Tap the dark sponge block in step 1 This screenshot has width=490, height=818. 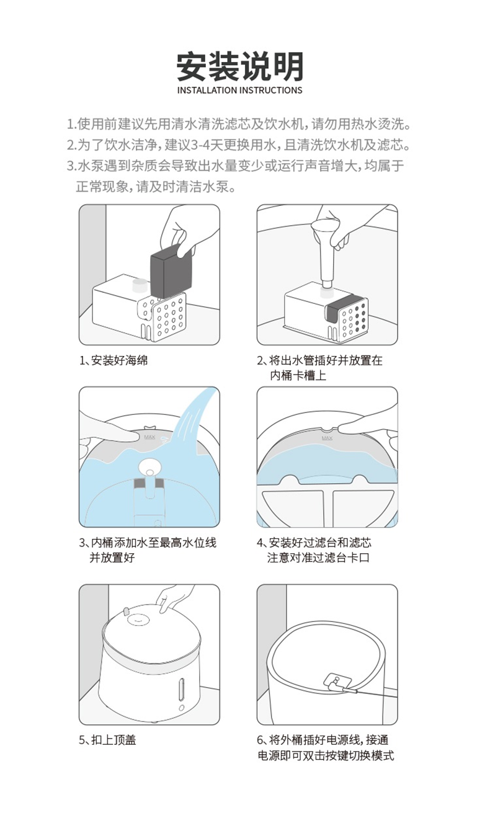169,270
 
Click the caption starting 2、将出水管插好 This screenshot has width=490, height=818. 319,360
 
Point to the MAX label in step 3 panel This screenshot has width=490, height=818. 149,437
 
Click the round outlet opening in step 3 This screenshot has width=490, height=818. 149,467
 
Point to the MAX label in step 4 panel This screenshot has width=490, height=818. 327,437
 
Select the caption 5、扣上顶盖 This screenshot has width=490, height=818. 108,740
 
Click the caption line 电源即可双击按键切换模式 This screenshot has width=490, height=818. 326,756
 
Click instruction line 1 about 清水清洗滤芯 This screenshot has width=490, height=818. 239,124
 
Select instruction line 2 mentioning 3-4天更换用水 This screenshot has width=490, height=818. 239,145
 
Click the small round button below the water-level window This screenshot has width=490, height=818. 181,708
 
